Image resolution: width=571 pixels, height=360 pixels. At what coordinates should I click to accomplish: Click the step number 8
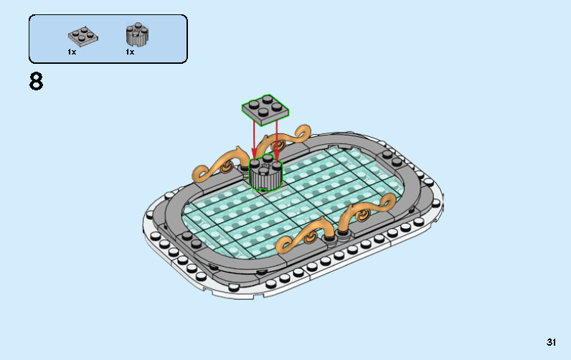36,82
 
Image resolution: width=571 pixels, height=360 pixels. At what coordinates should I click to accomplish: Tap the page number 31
551,342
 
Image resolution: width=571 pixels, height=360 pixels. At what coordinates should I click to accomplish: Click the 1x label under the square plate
72,52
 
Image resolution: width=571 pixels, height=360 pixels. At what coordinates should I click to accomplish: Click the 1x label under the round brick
130,52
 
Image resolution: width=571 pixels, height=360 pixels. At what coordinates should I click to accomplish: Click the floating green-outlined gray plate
265,108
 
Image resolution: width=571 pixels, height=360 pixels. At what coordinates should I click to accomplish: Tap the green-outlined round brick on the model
265,174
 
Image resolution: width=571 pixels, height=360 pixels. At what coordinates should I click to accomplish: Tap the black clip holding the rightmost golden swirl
344,231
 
